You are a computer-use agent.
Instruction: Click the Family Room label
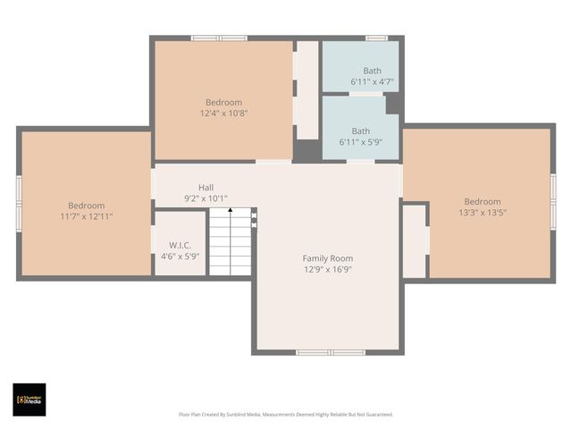(x=327, y=258)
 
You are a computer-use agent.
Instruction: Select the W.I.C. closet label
(x=181, y=245)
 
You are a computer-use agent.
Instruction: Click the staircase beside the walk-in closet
(x=230, y=243)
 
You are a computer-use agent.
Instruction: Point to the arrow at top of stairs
(x=230, y=212)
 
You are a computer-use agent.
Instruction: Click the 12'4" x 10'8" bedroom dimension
(x=223, y=114)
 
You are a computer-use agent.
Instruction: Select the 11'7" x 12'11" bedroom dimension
(x=86, y=216)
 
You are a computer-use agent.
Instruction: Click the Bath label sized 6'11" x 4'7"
(x=372, y=71)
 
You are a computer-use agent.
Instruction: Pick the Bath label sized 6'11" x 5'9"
(x=360, y=130)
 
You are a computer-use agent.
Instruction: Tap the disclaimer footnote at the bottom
(x=286, y=415)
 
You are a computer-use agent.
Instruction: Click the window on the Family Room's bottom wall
(x=330, y=352)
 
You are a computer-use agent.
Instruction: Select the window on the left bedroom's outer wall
(x=19, y=204)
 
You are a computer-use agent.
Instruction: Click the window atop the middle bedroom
(x=219, y=38)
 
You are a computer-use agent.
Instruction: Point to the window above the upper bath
(x=376, y=38)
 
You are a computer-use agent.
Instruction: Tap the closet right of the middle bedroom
(x=307, y=89)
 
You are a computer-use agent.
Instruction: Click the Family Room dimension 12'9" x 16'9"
(x=327, y=269)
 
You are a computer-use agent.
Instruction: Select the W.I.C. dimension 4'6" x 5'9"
(x=181, y=257)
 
